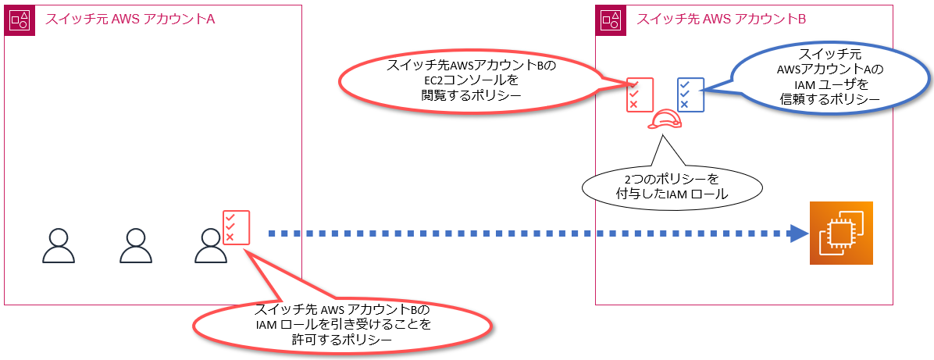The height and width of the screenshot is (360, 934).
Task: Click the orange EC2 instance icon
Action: coord(841,233)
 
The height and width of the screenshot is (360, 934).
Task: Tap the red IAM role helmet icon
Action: coord(665,119)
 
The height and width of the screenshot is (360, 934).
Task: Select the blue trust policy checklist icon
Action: coord(691,94)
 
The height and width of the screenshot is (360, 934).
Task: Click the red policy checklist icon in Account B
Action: coord(639,94)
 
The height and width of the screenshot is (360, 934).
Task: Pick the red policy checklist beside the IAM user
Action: coord(235,226)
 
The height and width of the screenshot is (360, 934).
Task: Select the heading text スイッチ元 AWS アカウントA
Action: coord(130,20)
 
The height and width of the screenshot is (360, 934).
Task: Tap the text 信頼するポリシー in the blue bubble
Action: coord(830,99)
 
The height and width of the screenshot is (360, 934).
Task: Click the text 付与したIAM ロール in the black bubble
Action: coord(672,194)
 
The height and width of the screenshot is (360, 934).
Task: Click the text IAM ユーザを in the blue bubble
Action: coord(830,84)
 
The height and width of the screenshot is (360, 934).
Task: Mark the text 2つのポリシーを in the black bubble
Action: coord(672,180)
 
